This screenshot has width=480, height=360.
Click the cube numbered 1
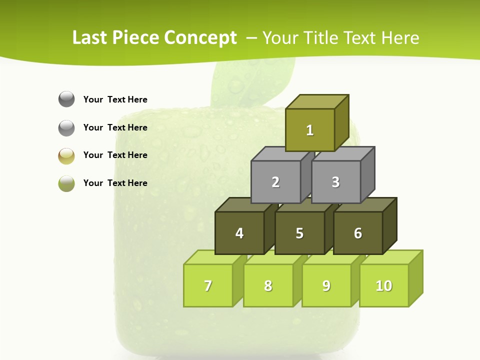click(310, 130)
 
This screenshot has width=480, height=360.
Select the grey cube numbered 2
click(275, 182)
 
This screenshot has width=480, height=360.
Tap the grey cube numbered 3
click(335, 182)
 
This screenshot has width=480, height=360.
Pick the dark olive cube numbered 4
click(239, 233)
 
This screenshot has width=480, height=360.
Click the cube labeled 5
click(299, 233)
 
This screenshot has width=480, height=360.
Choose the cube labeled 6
click(358, 233)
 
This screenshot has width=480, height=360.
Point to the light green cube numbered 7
click(208, 285)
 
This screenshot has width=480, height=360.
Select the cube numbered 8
click(268, 285)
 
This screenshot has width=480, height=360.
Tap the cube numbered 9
click(326, 285)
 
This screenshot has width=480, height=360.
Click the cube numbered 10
click(384, 285)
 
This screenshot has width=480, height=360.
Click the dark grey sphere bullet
click(66, 99)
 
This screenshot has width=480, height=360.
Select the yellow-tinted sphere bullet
click(66, 156)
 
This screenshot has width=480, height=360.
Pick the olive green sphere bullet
click(66, 183)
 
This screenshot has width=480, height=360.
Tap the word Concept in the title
click(200, 38)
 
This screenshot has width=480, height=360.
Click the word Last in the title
click(90, 38)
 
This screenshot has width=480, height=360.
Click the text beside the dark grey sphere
click(115, 99)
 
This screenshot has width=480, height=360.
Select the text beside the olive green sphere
click(115, 183)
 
